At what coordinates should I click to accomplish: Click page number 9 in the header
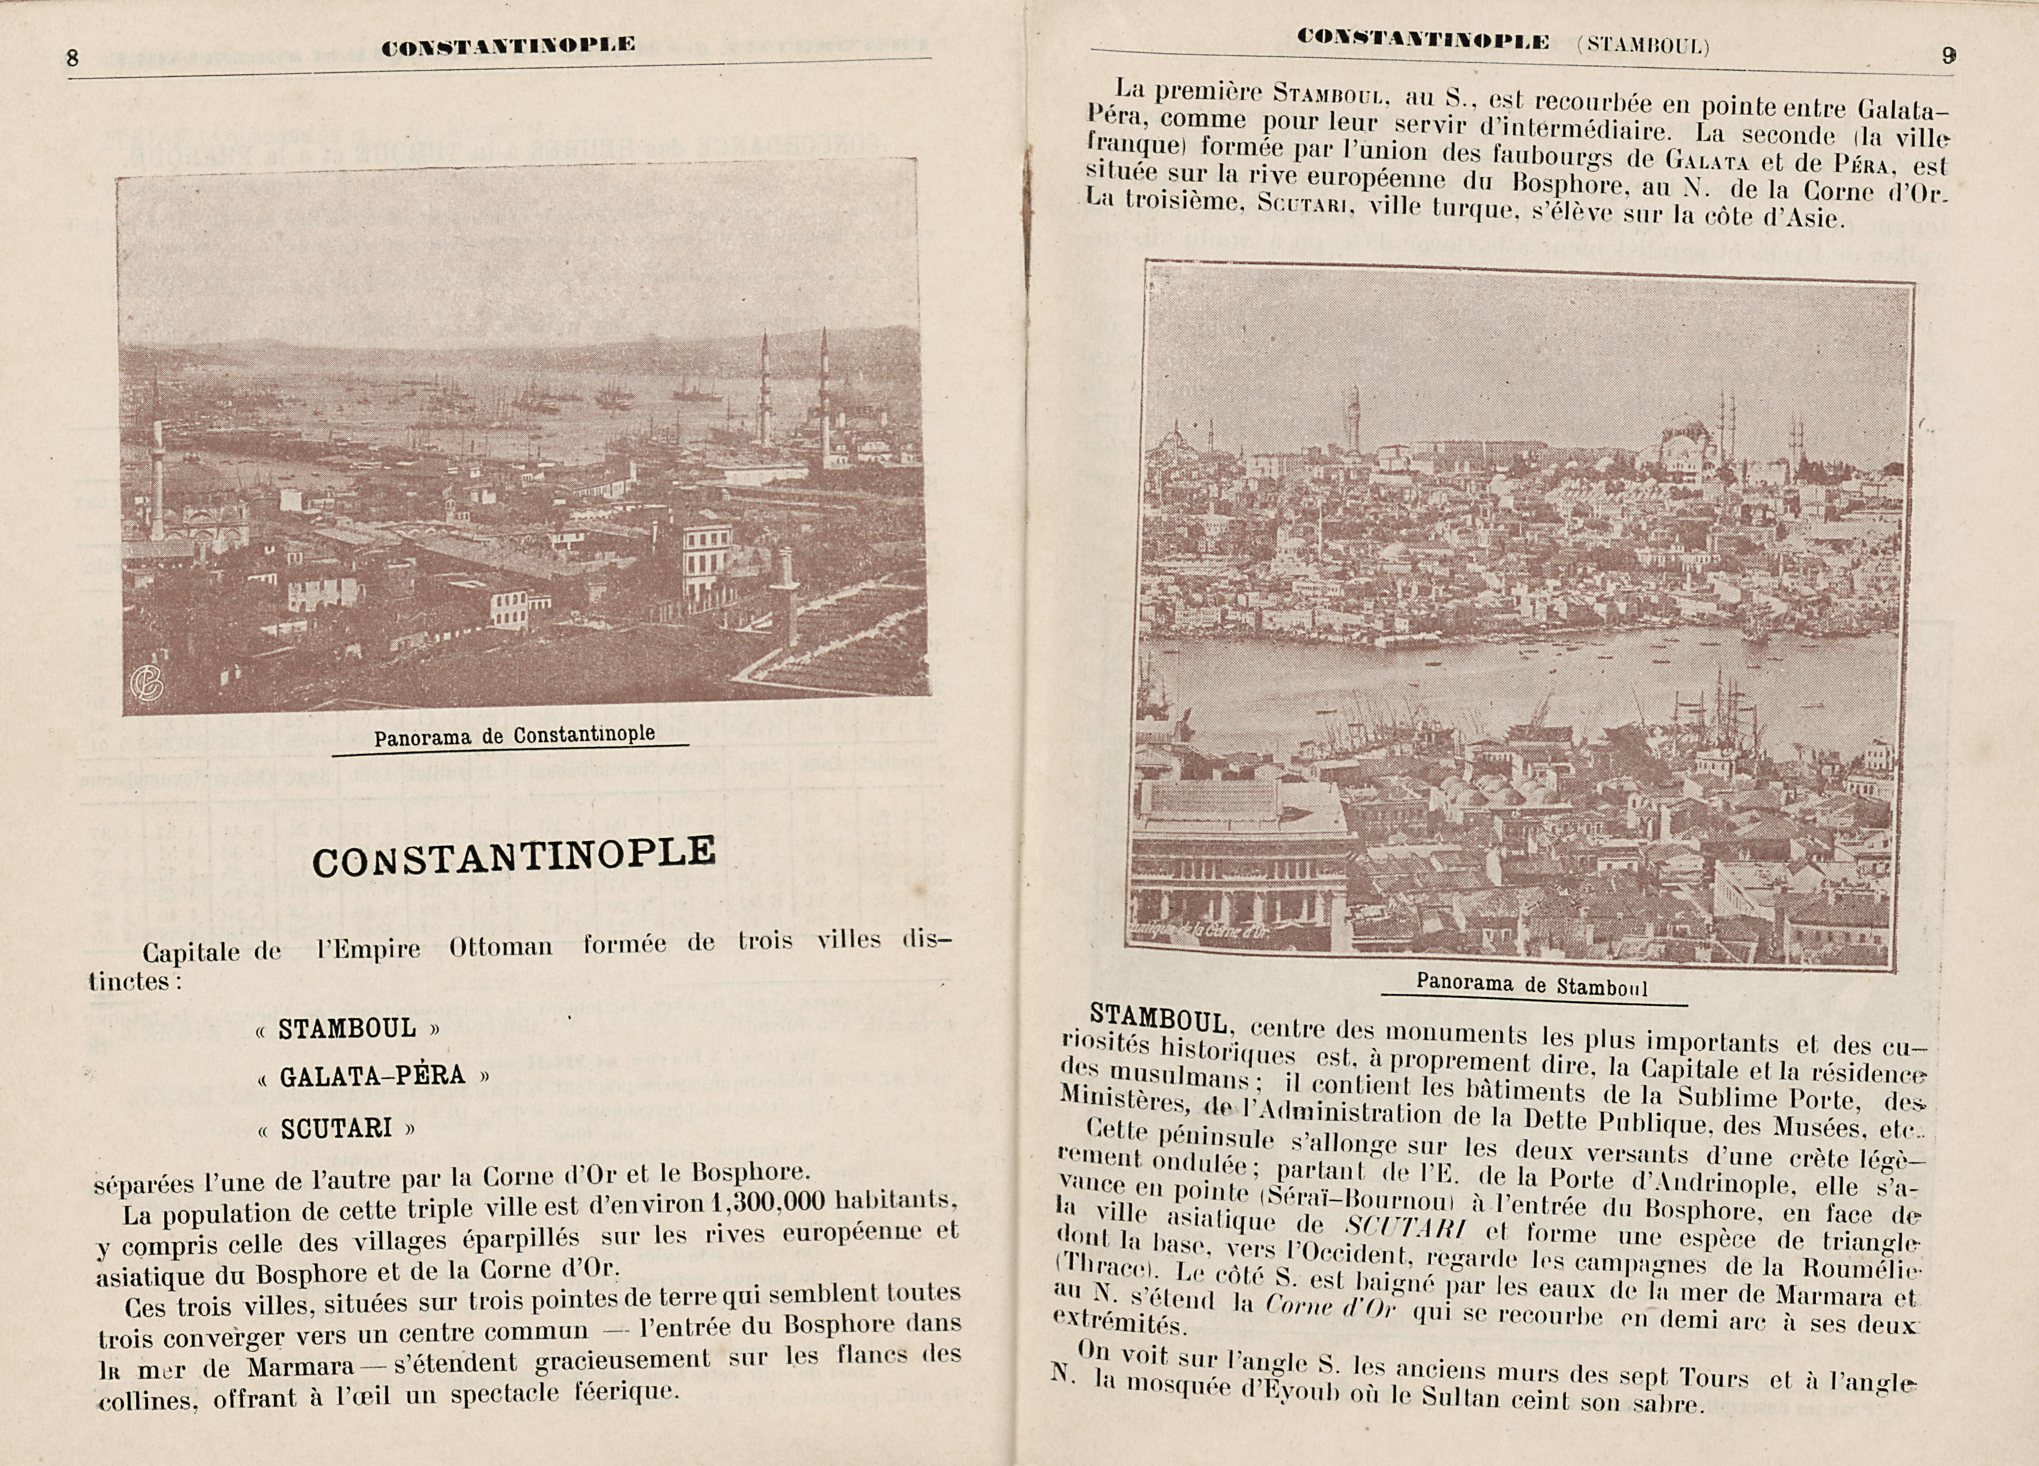tap(1947, 56)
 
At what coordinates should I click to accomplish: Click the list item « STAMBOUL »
tap(347, 1028)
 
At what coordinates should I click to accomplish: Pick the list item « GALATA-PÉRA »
tap(372, 1076)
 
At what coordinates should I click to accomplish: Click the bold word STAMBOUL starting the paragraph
tap(1158, 1020)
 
